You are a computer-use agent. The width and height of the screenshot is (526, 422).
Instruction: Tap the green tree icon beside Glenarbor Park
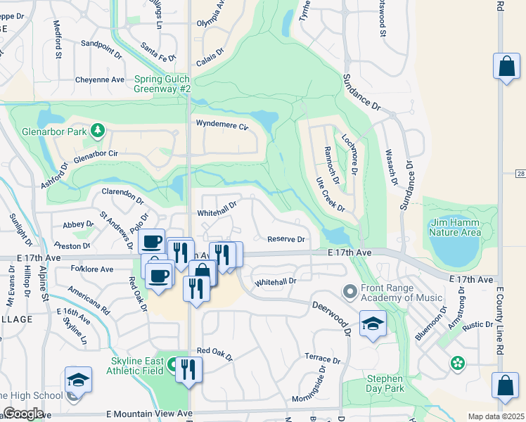[x=98, y=130]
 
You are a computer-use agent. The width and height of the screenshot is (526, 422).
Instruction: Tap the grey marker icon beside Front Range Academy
[x=349, y=290]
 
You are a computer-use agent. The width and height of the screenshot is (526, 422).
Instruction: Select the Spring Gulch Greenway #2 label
[x=162, y=84]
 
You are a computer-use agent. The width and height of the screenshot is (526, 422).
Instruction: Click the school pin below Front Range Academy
[x=373, y=324]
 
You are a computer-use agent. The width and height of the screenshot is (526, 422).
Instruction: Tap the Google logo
[x=23, y=414]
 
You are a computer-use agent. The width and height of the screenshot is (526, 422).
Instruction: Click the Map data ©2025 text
[x=496, y=416]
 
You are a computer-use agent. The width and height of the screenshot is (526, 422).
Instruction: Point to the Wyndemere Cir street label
[x=223, y=127]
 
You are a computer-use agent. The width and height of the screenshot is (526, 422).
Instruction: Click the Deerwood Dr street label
[x=329, y=312]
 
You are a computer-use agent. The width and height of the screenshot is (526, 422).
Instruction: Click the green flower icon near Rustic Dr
[x=458, y=363]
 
